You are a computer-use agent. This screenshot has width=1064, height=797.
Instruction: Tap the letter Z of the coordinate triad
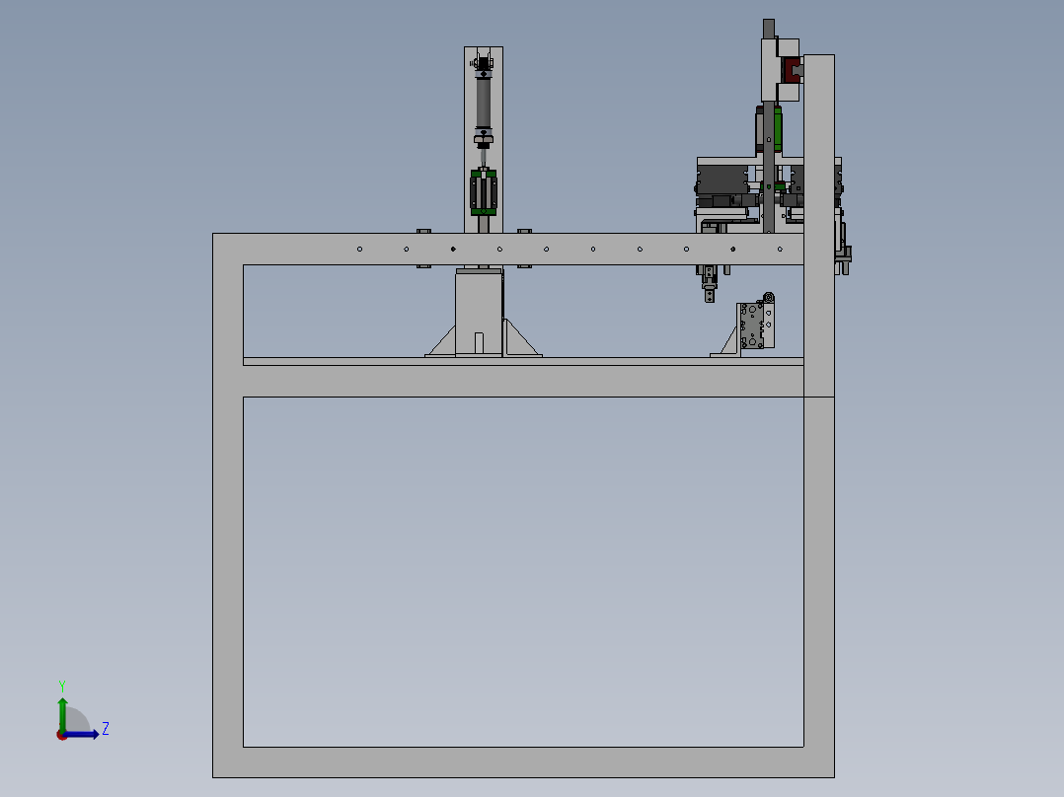coord(106,729)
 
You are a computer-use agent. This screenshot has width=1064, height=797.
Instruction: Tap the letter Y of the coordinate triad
coord(62,686)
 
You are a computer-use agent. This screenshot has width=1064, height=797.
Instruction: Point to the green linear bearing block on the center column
coord(484,191)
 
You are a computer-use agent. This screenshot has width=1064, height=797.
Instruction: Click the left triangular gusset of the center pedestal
coord(441,341)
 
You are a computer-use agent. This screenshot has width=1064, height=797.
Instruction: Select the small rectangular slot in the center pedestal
coord(479,343)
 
